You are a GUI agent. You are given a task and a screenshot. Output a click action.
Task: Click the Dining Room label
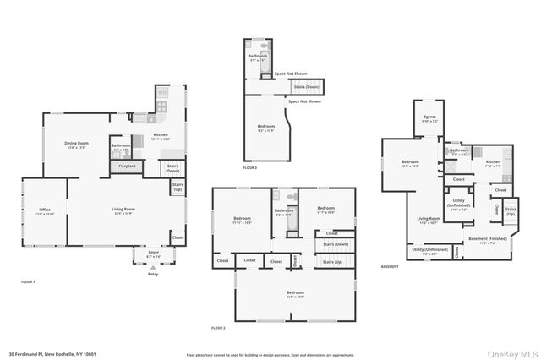tap(77, 145)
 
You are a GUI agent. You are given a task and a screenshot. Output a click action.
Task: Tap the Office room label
tap(46, 210)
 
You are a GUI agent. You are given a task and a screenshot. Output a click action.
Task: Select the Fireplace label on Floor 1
tap(127, 166)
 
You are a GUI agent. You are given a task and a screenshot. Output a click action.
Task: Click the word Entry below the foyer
tap(153, 274)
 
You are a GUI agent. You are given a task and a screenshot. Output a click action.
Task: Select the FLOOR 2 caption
tap(219, 327)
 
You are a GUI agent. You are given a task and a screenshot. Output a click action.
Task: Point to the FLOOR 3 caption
tap(249, 168)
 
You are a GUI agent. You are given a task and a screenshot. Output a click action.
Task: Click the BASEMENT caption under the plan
tap(390, 267)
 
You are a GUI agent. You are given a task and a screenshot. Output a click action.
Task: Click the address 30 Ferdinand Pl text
tap(52, 353)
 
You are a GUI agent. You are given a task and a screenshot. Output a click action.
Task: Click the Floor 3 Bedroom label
tap(266, 128)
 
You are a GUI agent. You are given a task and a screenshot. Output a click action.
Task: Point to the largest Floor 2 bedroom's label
tap(295, 293)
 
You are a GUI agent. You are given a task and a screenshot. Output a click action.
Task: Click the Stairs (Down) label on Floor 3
tap(306, 86)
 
